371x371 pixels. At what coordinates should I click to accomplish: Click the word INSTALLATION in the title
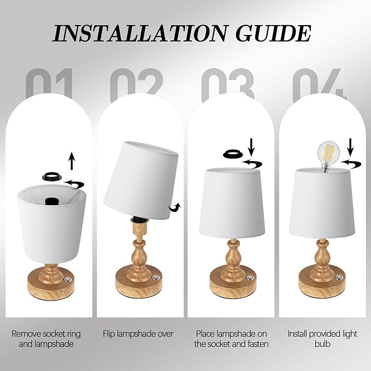(x=139, y=33)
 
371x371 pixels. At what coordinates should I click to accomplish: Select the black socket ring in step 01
(x=52, y=176)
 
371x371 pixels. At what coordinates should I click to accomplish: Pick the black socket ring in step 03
(x=233, y=154)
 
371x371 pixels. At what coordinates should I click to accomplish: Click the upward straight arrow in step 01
(x=72, y=161)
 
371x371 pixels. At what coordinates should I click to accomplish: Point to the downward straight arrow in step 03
(x=251, y=146)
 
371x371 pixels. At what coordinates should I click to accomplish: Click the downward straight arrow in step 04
(x=350, y=146)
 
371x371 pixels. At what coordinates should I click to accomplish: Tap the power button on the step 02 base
(x=156, y=277)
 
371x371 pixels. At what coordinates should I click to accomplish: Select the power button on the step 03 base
(x=250, y=278)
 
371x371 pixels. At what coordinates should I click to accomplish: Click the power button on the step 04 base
(x=339, y=278)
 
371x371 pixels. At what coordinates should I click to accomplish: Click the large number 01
(x=49, y=84)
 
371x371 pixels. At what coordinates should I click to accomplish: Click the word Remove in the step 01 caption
(x=26, y=334)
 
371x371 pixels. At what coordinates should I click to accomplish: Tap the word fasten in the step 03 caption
(x=256, y=344)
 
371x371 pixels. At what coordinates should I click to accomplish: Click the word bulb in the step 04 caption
(x=322, y=344)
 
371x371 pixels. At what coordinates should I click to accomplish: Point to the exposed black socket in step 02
(x=139, y=219)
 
